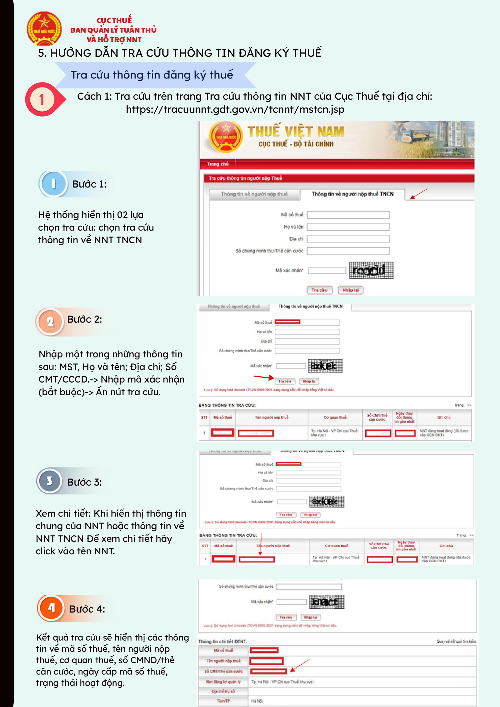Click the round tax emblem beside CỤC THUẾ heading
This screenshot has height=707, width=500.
[x=44, y=29]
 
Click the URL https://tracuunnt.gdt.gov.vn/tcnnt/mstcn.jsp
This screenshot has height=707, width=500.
[x=235, y=109]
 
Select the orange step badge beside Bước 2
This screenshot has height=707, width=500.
[x=50, y=321]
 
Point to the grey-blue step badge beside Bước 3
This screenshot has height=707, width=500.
[x=49, y=481]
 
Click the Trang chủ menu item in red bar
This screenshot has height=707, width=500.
[x=218, y=164]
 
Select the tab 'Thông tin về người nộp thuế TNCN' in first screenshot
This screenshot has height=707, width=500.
[x=352, y=194]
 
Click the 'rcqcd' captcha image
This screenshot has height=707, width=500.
[x=371, y=270]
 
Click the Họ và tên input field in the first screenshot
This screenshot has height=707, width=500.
[x=348, y=227]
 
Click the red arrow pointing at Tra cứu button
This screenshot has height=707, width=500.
[x=263, y=377]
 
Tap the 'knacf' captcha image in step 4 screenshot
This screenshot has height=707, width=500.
[x=326, y=602]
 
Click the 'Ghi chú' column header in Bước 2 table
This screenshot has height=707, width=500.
[x=444, y=417]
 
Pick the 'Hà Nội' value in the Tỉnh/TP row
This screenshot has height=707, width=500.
[x=257, y=701]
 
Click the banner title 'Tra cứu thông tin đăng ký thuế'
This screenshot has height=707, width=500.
[x=152, y=75]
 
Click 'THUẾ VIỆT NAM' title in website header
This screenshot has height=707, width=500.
[x=295, y=131]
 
